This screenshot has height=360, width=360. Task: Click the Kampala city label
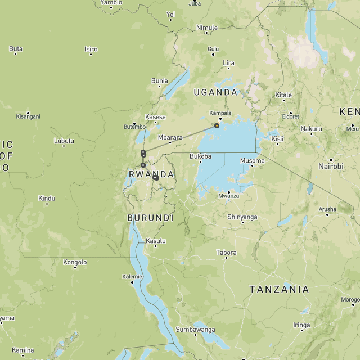220,112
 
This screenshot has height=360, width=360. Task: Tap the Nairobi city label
331,166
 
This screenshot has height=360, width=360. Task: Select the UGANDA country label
215,92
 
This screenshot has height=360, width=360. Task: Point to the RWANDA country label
151,174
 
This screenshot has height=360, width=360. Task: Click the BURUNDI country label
150,218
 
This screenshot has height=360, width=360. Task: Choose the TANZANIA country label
279,289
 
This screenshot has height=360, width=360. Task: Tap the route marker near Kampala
217,126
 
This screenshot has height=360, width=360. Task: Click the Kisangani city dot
28,111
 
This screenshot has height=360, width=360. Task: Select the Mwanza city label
229,196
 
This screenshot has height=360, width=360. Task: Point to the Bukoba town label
200,156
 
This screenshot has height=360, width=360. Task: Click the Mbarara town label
170,137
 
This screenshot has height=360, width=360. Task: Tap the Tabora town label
226,253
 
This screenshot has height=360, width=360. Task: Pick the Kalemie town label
133,276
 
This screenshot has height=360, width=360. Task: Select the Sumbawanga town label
195,329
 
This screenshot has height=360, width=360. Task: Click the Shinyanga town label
242,217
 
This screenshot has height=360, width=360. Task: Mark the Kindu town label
47,198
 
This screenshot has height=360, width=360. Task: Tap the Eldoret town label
291,116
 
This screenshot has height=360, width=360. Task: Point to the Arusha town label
327,209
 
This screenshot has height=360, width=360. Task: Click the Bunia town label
160,81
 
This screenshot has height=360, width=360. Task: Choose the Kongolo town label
75,262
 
